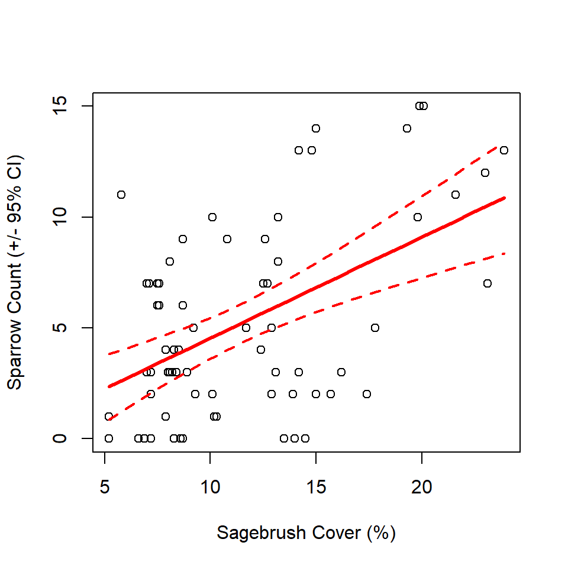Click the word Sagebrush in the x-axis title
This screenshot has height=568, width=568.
tap(255, 533)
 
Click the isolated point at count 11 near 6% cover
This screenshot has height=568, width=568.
tap(121, 195)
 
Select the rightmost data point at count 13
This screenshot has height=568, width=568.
tap(504, 150)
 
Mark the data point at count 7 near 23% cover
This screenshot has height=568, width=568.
tap(488, 283)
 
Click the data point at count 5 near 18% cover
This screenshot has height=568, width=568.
tap(375, 328)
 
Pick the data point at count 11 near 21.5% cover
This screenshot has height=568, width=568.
tap(456, 195)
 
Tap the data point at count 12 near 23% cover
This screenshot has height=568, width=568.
tap(485, 173)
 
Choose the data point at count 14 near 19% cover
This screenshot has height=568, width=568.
tap(407, 128)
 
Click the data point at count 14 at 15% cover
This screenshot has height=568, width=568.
tap(316, 128)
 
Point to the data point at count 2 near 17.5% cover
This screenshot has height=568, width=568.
tap(367, 394)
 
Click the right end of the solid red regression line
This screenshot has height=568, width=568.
tap(504, 198)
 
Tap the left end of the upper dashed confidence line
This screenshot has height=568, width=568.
tap(109, 354)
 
